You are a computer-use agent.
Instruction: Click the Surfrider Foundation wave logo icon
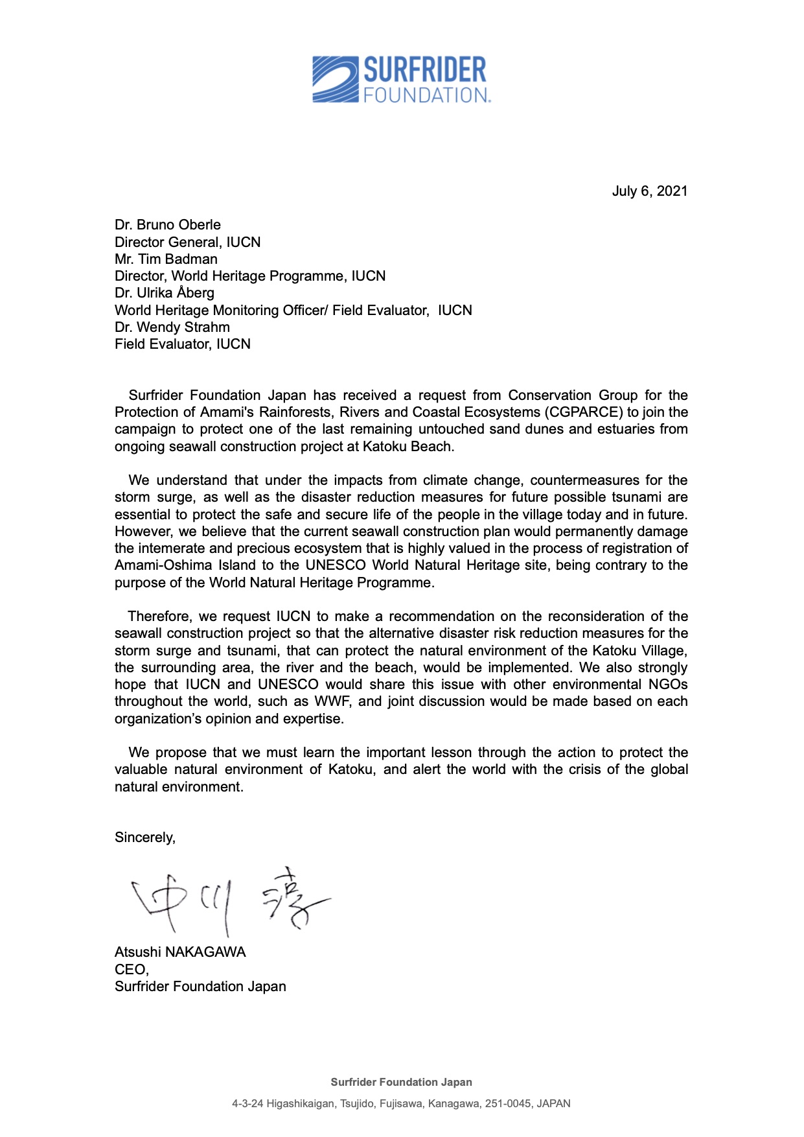tap(335, 80)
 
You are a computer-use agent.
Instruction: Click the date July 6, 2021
tap(649, 191)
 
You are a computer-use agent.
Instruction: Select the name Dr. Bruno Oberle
tap(167, 225)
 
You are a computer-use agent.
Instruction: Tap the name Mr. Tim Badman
tap(166, 259)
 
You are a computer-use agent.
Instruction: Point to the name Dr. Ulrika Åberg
tap(164, 293)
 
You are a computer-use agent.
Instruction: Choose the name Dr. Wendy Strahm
tap(172, 327)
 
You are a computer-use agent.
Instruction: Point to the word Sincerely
tap(144, 838)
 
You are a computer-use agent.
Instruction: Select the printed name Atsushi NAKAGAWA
tap(180, 952)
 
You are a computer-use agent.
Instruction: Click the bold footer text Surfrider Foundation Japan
tap(401, 1082)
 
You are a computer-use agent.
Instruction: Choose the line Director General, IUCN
tap(187, 242)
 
